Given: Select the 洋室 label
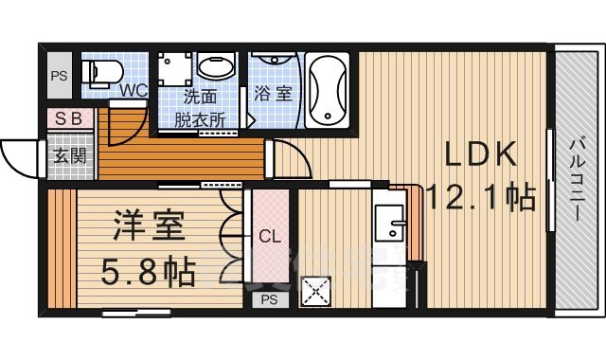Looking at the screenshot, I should (x=149, y=228).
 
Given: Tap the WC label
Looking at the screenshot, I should (x=133, y=91).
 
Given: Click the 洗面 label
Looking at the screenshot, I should (x=199, y=98).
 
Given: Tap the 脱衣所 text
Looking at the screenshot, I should (x=199, y=119).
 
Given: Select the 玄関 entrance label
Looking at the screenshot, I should (x=68, y=155).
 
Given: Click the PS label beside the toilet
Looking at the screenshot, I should (x=59, y=77).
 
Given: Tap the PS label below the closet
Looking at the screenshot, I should (x=270, y=301).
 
